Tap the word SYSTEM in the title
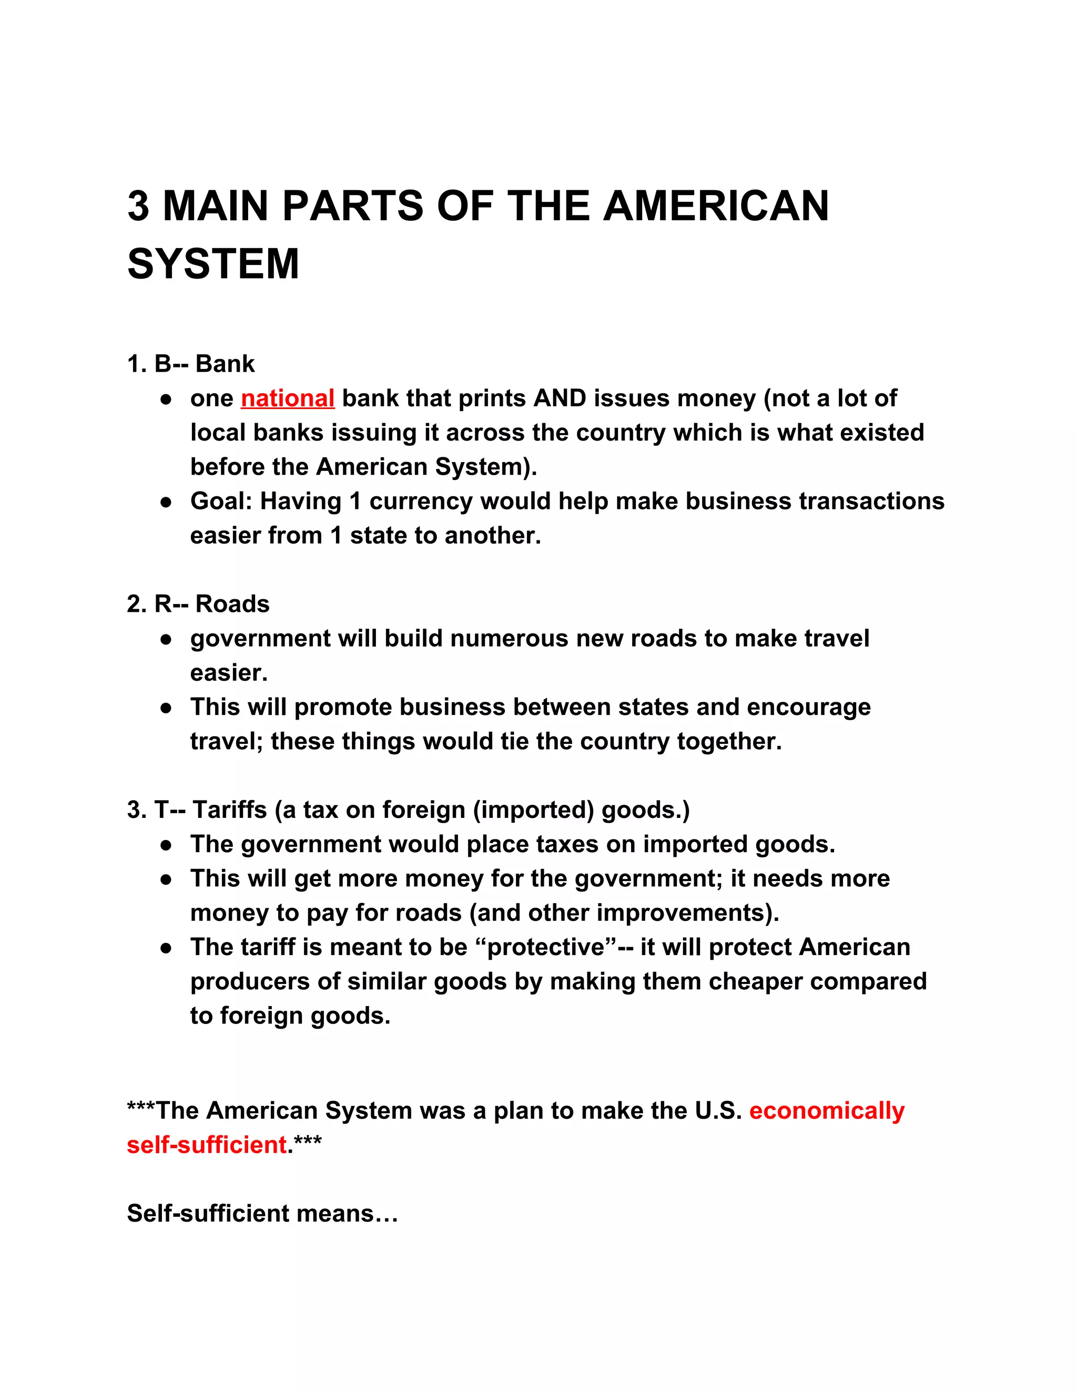tap(213, 264)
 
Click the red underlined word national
tap(288, 398)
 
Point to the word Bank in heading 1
tap(225, 364)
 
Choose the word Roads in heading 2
tap(232, 604)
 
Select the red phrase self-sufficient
tap(207, 1145)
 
